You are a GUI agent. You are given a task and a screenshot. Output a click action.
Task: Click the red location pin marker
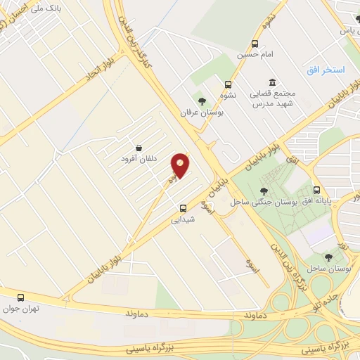click(x=181, y=166)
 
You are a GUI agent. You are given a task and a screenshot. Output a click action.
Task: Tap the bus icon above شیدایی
click(x=184, y=208)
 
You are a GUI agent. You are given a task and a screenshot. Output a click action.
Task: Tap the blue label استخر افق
click(x=325, y=71)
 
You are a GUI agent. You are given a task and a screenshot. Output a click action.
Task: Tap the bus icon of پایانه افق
click(x=317, y=190)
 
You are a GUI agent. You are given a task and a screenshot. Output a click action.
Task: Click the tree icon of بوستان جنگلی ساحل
click(x=263, y=191)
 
